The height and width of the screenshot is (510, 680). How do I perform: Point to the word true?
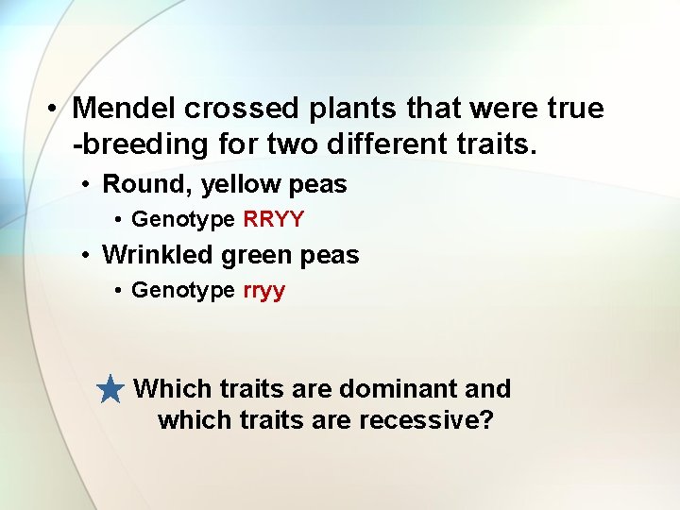(x=574, y=109)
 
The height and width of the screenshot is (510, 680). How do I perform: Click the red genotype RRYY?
(x=274, y=219)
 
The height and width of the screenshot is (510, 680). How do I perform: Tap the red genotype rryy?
(x=264, y=290)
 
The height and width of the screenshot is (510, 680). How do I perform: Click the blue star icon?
(x=111, y=388)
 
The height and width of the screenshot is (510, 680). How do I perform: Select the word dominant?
(x=398, y=388)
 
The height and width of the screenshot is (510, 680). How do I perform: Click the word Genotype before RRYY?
(x=183, y=219)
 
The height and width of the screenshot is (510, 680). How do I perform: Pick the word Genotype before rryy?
(x=183, y=290)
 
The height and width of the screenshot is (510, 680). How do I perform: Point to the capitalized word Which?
(x=173, y=388)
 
